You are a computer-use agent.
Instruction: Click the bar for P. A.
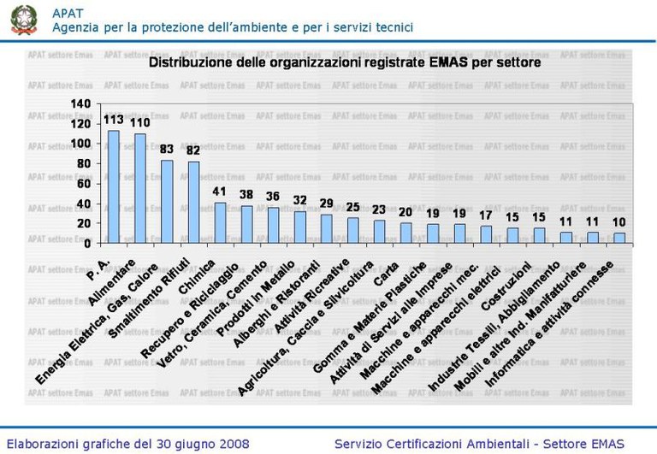(x=113, y=186)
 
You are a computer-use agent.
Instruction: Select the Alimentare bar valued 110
(x=139, y=188)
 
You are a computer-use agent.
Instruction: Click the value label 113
(x=113, y=121)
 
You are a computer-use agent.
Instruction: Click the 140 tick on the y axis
(x=80, y=104)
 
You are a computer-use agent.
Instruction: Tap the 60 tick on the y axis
(x=84, y=184)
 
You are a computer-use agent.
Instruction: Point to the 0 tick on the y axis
(x=87, y=243)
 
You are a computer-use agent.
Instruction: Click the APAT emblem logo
(x=25, y=20)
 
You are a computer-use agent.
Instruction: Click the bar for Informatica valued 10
(x=619, y=238)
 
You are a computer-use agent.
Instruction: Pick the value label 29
(x=326, y=203)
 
